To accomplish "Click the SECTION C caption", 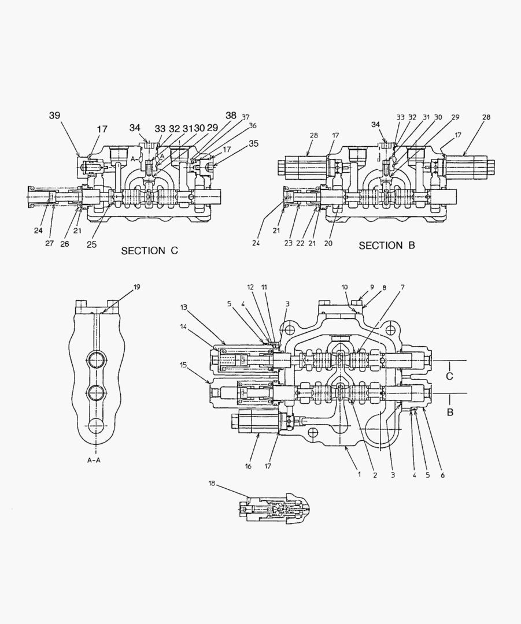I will [x=149, y=251].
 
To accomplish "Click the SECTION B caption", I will [x=387, y=246].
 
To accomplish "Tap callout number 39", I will [x=54, y=116].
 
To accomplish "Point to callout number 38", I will [x=231, y=116].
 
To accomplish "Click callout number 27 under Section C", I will [x=49, y=243].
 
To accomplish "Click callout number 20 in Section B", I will [x=328, y=243].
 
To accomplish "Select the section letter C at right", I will [x=450, y=376].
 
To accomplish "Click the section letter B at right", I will [x=450, y=413].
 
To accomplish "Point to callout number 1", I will [x=359, y=474].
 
